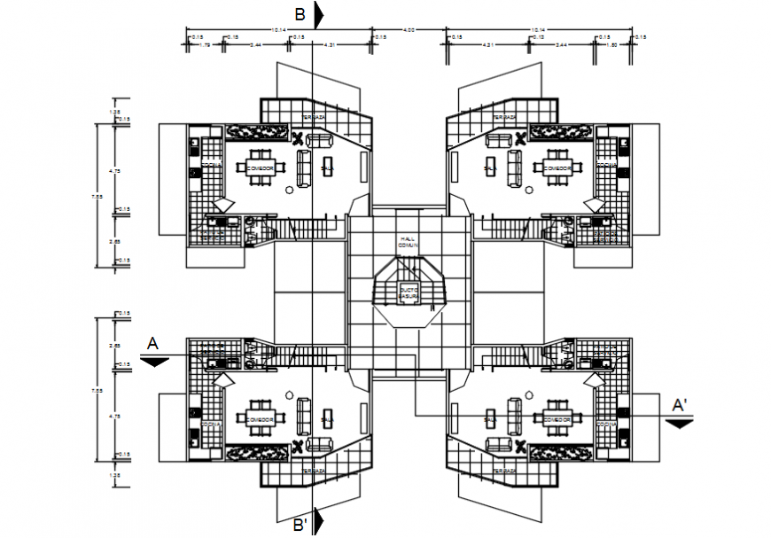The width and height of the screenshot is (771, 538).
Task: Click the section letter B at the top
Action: point(300,13)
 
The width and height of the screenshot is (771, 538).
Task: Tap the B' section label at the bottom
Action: point(301,524)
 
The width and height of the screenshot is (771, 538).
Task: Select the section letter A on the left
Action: point(152,342)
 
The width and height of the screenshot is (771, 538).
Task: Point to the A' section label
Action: point(680,406)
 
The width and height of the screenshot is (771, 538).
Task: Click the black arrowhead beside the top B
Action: point(319,14)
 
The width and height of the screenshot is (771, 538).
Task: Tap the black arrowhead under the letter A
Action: point(154,361)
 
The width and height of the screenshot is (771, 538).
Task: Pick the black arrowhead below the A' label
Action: point(679,423)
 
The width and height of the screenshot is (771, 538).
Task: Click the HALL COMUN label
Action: point(408,241)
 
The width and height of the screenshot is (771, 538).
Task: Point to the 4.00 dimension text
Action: point(409,31)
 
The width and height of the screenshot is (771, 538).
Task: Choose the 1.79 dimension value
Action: point(205,44)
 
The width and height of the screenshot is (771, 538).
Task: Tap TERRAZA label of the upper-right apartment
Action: point(505,117)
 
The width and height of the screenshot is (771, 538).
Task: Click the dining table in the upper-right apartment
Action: point(555,167)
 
